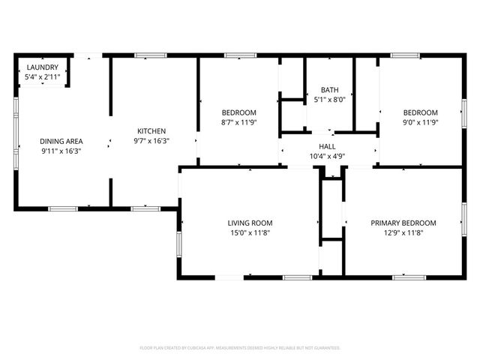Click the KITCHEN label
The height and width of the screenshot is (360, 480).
151,131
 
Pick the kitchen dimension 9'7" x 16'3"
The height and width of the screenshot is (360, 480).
151,141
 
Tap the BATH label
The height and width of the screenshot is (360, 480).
328,89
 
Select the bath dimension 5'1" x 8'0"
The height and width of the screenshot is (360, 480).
328,99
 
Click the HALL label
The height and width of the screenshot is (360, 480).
327,147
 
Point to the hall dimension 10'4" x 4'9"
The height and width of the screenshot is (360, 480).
327,157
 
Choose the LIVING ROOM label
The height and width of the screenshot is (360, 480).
250,223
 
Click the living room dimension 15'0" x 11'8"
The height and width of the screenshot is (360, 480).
250,232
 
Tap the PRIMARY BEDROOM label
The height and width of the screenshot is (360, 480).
403,223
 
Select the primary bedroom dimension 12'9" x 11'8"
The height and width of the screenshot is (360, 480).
403,232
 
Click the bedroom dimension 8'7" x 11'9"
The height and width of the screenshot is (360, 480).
238,122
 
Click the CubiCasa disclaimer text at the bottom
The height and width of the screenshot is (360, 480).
240,348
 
